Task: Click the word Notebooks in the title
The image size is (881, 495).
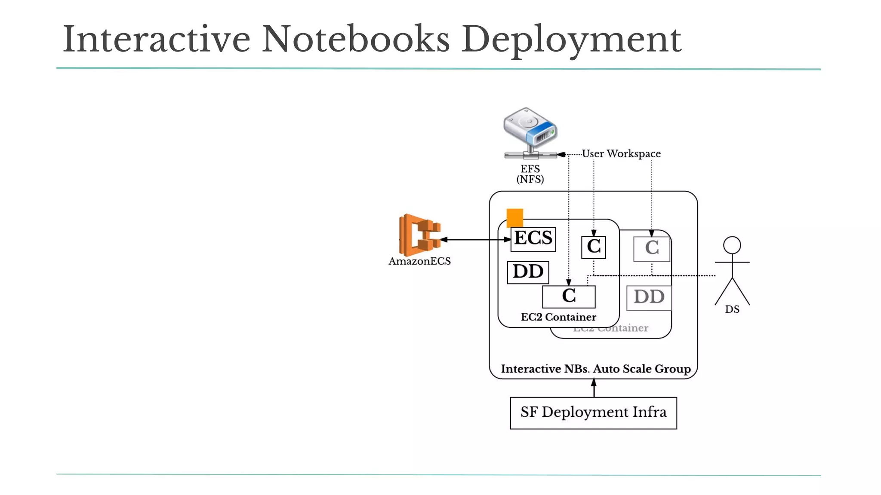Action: [x=355, y=40]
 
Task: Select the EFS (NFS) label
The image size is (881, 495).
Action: [x=530, y=174]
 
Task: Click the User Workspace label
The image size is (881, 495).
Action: [x=621, y=153]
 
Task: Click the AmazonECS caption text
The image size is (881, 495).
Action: [x=419, y=261]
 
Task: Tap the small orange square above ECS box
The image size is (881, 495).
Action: [x=514, y=217]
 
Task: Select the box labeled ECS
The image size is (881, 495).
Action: [x=533, y=239]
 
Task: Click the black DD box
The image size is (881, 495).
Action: [x=528, y=272]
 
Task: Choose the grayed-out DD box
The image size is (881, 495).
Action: [x=649, y=297]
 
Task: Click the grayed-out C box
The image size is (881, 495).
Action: [x=652, y=249]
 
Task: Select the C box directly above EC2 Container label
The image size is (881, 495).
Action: [x=569, y=296]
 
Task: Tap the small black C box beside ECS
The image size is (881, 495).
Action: [x=593, y=247]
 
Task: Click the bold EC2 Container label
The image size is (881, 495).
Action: [x=558, y=317]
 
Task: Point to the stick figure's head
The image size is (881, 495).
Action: [x=732, y=245]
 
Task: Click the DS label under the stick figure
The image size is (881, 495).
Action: [x=732, y=309]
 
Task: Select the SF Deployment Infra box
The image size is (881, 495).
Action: [x=593, y=412]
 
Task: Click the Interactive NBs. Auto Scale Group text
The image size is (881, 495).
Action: [x=595, y=369]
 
